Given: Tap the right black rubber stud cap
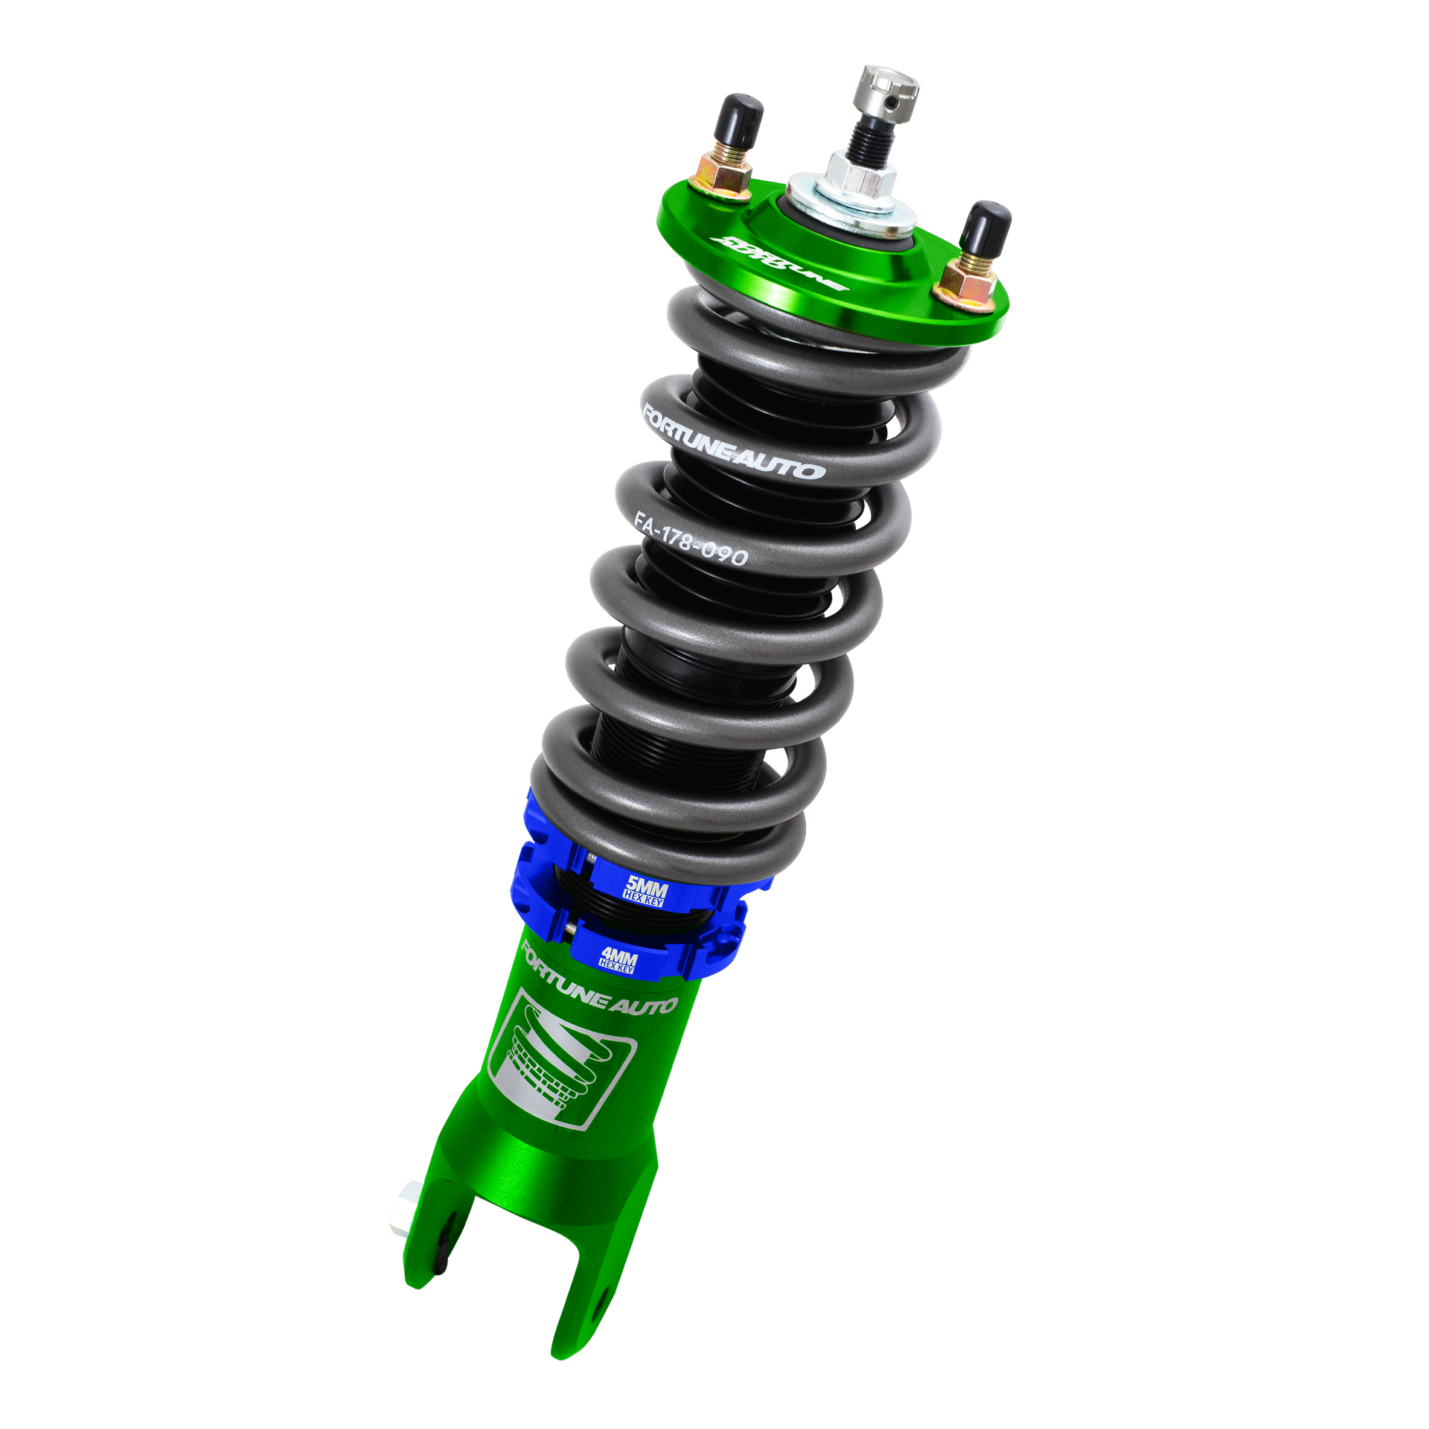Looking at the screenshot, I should tap(987, 225).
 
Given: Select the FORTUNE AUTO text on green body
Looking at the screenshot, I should tap(599, 982).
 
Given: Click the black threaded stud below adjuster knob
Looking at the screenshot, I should tap(867, 133).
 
